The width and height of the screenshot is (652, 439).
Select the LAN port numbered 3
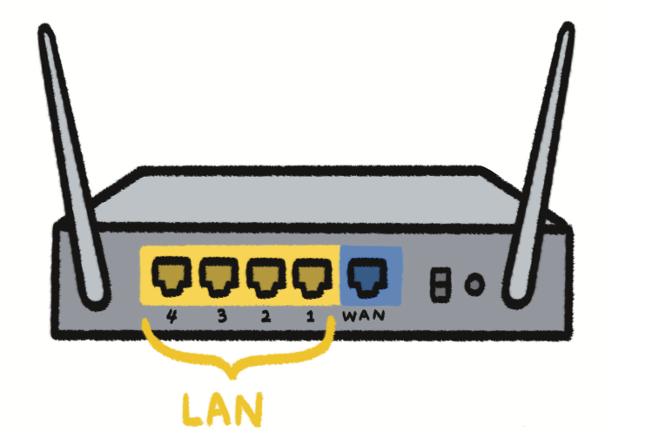coord(217,277)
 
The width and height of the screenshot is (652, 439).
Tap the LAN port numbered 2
coord(263,277)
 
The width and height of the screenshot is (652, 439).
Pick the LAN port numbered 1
coord(309,277)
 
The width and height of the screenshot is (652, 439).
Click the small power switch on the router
coord(441,283)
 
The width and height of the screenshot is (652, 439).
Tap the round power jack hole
coord(474,284)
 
